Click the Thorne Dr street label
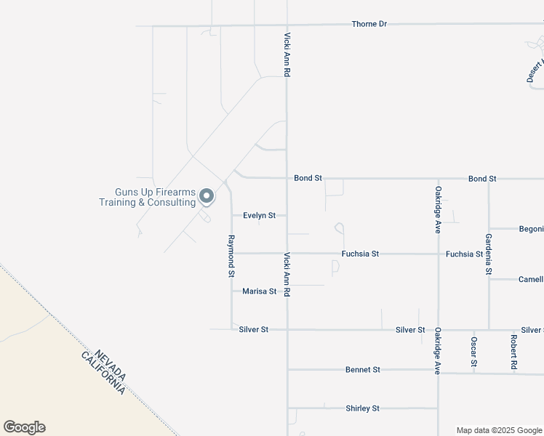(x=369, y=24)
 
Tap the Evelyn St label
(x=259, y=215)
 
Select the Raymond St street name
(x=231, y=256)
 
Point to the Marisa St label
(x=260, y=291)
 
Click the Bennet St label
(x=362, y=370)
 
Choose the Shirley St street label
(x=361, y=408)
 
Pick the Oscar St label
(x=473, y=351)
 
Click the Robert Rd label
(x=513, y=350)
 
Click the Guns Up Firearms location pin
(x=207, y=195)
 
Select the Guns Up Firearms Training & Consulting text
(x=148, y=197)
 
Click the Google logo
(x=24, y=427)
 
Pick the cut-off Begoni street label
(x=531, y=229)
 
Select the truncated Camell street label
(x=530, y=279)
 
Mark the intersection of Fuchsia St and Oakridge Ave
(x=438, y=254)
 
